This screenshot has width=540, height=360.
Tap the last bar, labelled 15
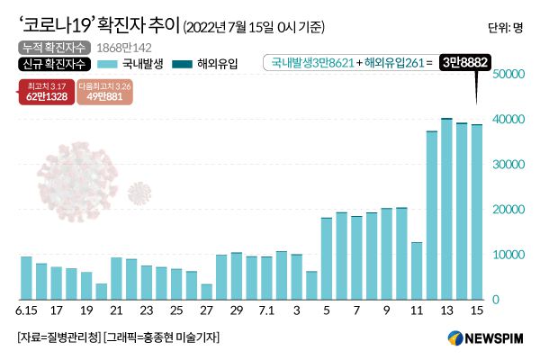click(x=476, y=212)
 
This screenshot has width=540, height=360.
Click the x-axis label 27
click(x=206, y=311)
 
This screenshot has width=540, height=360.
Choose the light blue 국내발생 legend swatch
click(x=107, y=65)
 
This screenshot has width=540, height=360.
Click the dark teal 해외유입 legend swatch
click(x=178, y=65)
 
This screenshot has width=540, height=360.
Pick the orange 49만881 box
click(x=105, y=91)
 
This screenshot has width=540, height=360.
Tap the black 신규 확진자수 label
click(x=53, y=65)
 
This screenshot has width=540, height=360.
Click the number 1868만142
click(x=126, y=46)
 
